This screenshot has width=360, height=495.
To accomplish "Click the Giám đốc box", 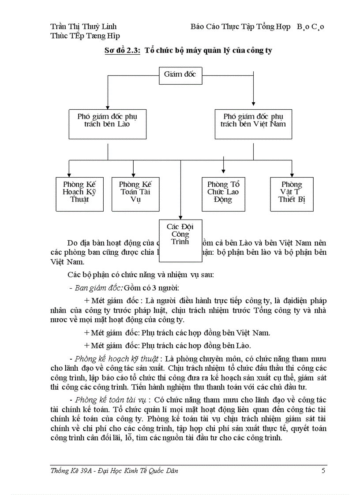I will click(180, 75).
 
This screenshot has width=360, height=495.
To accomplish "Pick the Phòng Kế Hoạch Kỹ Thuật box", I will click(80, 194).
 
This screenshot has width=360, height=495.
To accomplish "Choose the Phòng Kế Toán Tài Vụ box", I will click(135, 194).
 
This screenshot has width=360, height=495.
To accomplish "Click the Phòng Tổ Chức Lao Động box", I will click(223, 194).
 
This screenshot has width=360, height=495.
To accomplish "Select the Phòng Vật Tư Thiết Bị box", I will click(292, 194).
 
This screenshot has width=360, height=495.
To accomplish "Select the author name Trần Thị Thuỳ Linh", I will click(84, 27).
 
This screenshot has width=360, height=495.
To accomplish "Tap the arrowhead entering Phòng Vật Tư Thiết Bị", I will click(292, 175).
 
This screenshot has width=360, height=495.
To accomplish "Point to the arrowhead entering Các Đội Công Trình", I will click(180, 216).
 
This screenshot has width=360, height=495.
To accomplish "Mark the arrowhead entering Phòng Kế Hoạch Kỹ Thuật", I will click(69, 175).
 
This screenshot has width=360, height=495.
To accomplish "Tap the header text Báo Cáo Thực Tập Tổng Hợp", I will click(240, 27).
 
